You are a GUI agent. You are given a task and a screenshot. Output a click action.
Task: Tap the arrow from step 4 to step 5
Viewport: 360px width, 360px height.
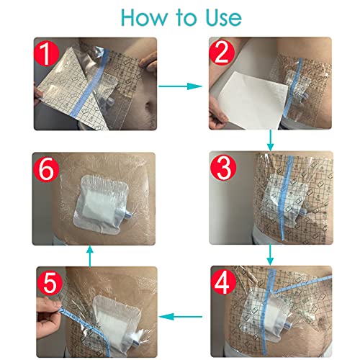(x=180, y=315)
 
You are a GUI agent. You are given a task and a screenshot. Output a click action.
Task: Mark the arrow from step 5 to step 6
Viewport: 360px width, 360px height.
(x=89, y=255)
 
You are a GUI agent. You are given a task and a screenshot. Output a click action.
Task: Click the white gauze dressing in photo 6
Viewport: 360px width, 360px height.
(x=101, y=199)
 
